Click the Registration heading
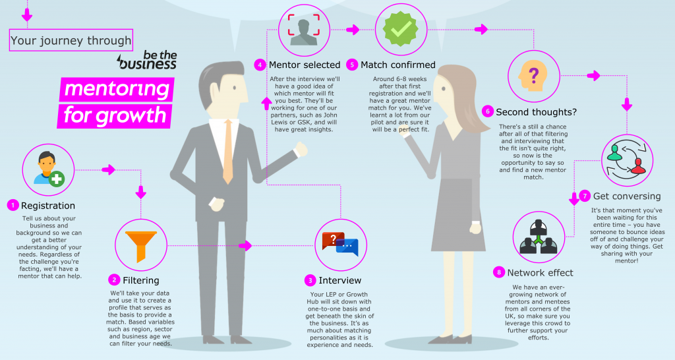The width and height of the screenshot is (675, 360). pyautogui.click(x=47, y=206)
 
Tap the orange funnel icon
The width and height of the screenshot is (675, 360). pyautogui.click(x=140, y=245)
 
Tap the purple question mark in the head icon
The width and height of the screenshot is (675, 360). pyautogui.click(x=533, y=74)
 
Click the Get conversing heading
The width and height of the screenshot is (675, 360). pyautogui.click(x=626, y=196)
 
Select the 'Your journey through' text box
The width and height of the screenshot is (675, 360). pyautogui.click(x=71, y=40)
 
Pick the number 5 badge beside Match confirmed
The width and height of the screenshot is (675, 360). pyautogui.click(x=353, y=65)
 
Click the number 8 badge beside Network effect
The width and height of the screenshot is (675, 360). pyautogui.click(x=500, y=272)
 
